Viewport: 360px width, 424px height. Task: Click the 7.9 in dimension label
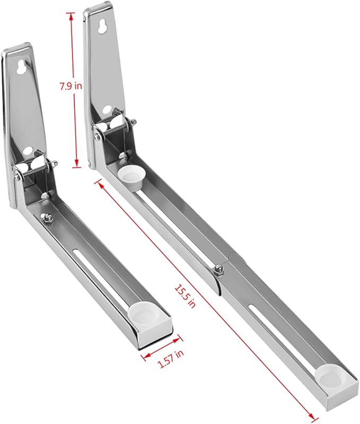click(x=71, y=86)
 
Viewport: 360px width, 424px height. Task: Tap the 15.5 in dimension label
click(x=185, y=296)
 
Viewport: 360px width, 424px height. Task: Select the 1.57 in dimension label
click(x=171, y=359)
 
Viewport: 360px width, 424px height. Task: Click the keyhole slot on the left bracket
click(x=21, y=68)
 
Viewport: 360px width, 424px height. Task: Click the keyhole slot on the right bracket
click(x=102, y=26)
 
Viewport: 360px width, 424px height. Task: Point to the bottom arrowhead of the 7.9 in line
click(x=77, y=163)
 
